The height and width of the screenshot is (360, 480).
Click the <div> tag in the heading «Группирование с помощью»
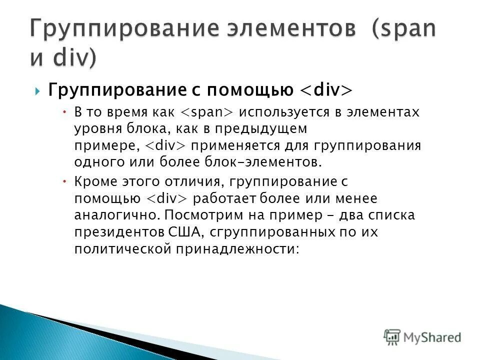[327, 90]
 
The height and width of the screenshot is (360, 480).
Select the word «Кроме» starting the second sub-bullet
[92, 182]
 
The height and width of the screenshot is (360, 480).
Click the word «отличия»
[181, 182]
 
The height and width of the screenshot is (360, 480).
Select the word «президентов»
[116, 232]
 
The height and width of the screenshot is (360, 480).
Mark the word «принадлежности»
[237, 249]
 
